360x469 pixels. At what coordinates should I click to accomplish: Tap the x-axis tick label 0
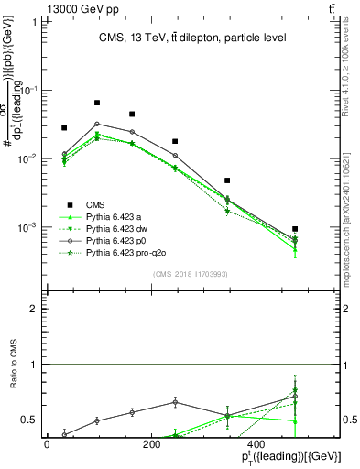(x=47, y=443)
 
